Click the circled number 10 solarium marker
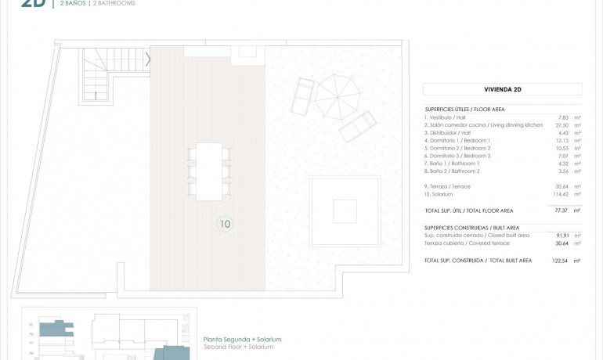point(226,225)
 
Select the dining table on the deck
point(208,170)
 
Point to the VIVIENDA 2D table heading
point(502,90)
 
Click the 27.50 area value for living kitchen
point(558,124)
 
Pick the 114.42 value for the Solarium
point(556,193)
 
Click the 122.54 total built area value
point(556,260)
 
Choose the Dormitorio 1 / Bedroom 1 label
point(457,140)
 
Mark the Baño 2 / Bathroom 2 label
point(452,171)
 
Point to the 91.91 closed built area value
point(557,235)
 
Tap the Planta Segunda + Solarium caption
point(242,339)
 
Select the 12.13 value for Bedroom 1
point(558,140)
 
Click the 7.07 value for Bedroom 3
point(559,156)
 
